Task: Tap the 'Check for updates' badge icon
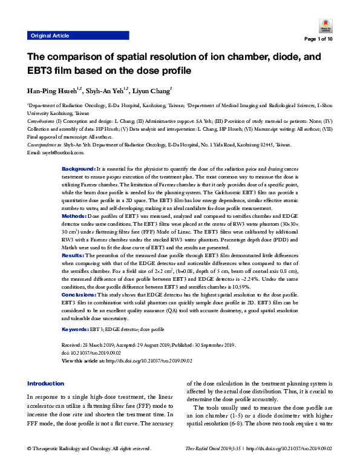click(322, 26)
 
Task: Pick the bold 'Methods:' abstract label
click(74, 215)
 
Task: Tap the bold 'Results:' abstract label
click(74, 256)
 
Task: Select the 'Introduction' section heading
click(46, 384)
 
